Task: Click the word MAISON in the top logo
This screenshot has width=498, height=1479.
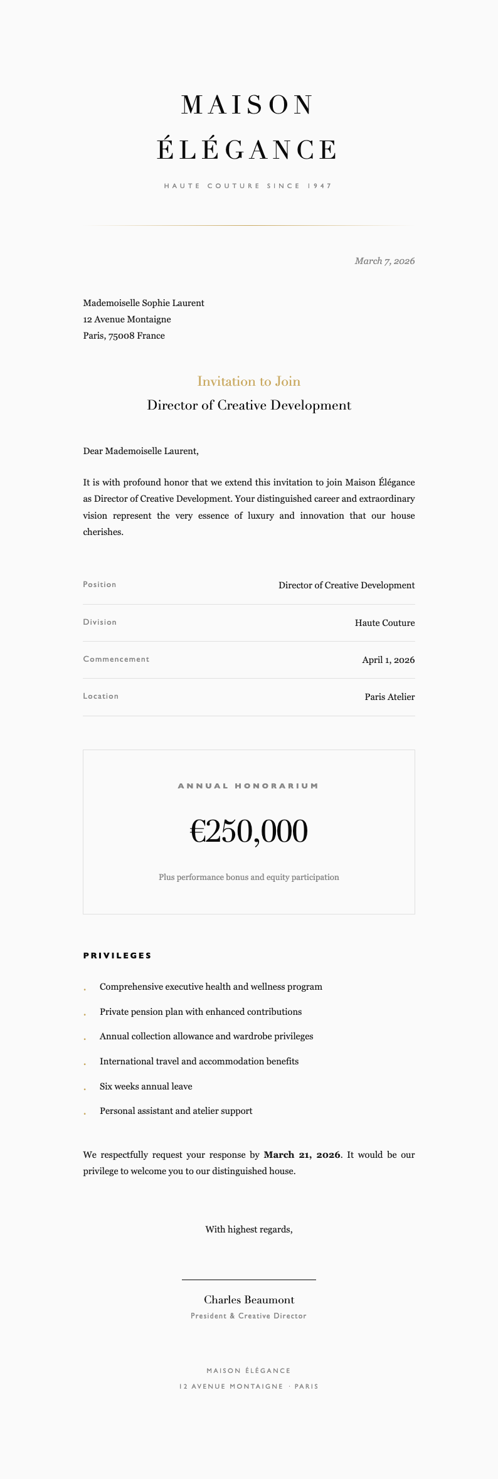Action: coord(248,105)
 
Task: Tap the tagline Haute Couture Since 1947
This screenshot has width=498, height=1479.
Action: coord(248,186)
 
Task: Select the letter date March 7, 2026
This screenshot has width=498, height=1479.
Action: coord(384,261)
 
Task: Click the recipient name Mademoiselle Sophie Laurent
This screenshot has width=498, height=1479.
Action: coord(144,303)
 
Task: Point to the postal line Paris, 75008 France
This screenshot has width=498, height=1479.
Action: coord(124,336)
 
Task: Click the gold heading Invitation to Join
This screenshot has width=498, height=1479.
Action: coord(249,381)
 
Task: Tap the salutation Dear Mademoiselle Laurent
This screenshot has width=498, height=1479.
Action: coord(140,451)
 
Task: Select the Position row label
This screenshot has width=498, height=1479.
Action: coord(100,585)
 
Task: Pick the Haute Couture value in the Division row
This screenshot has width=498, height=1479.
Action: coord(384,623)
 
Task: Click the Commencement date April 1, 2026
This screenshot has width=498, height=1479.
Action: coord(388,660)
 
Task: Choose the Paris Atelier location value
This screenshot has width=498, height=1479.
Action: coord(389,697)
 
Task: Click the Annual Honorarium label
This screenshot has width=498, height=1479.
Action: coord(248,786)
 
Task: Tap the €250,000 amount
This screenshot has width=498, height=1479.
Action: coord(249,832)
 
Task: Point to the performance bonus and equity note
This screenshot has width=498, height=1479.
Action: coord(249,877)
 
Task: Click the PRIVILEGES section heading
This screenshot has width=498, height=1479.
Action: coord(117,956)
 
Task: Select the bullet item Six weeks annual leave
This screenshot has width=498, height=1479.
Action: coord(146,1086)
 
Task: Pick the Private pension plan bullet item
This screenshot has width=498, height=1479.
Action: coord(201,1012)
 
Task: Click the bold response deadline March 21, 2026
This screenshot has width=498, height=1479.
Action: coord(302,1155)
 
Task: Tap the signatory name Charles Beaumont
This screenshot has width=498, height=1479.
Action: coord(249,1300)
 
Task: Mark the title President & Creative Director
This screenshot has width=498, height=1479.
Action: coord(249,1316)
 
